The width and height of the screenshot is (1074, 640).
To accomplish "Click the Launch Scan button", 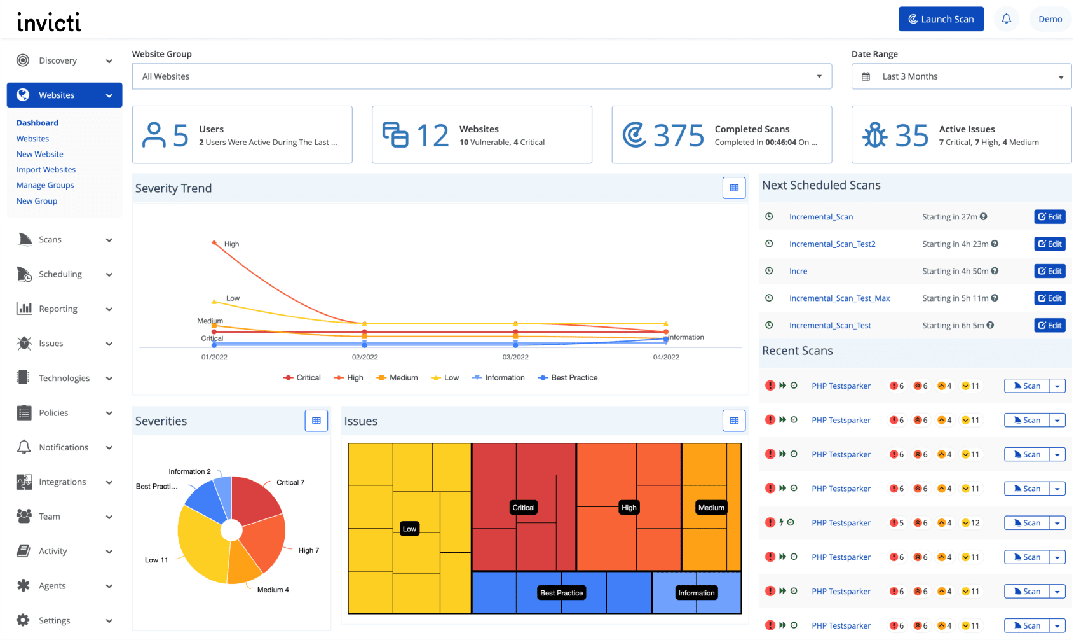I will (941, 19).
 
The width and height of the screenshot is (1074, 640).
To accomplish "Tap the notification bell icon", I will (1006, 19).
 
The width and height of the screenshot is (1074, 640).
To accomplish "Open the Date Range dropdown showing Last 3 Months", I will (961, 76).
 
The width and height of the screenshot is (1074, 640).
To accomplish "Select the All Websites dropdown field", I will (481, 76).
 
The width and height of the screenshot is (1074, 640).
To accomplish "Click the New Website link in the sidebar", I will (40, 154).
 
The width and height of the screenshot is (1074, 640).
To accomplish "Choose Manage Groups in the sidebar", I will (45, 185).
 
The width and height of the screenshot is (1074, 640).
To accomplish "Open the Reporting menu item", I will (58, 309).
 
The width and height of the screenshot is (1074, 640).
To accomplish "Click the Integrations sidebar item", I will (62, 482).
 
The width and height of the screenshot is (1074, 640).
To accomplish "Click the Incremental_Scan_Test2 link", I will (832, 244).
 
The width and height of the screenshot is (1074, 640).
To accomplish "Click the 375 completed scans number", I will (678, 136).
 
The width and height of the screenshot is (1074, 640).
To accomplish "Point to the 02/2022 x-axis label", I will (365, 358).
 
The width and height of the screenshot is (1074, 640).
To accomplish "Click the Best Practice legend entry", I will (574, 378).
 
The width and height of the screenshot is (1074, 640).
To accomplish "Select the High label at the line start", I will (231, 244).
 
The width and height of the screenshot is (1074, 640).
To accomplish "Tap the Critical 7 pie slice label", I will (290, 483).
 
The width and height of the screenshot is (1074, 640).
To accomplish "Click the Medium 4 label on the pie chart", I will (273, 590).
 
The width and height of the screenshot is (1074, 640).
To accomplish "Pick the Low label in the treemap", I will (409, 529).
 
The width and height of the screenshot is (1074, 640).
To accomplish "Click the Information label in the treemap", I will (696, 593).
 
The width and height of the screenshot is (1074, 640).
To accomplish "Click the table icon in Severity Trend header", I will (733, 188).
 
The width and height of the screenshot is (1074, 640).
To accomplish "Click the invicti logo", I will (49, 22).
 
